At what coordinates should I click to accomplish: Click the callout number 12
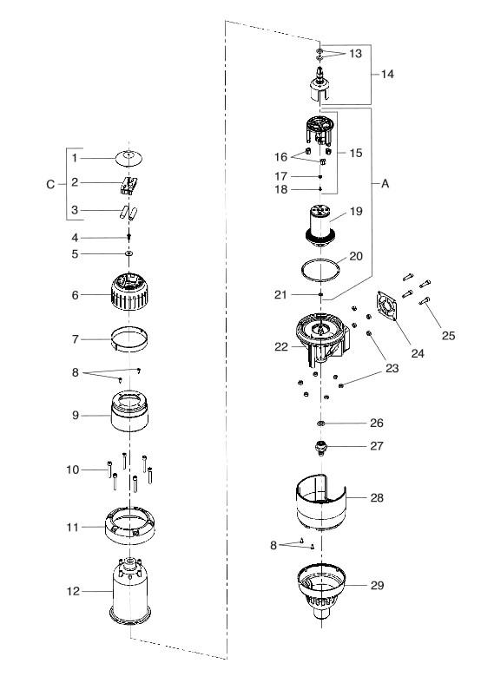click(x=73, y=592)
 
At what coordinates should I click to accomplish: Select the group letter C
click(x=50, y=185)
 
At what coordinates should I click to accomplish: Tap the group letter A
click(x=385, y=184)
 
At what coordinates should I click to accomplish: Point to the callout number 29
click(x=377, y=585)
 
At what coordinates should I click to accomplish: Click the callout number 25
click(x=448, y=335)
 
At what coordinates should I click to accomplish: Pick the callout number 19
click(x=356, y=211)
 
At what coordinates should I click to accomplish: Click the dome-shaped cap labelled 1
click(x=129, y=158)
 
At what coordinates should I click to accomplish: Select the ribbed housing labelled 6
click(x=129, y=292)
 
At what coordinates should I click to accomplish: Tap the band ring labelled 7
click(x=129, y=339)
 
